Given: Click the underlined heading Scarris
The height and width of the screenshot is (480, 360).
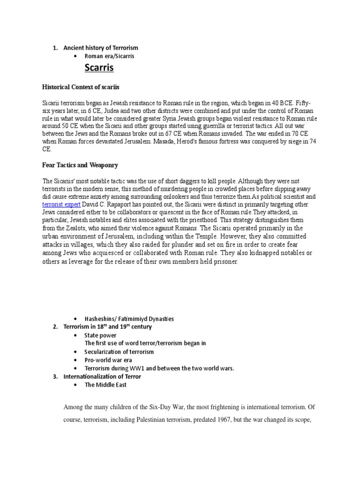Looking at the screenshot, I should click(100, 68).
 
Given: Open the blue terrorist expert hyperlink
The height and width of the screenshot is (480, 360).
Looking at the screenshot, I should click(61, 205).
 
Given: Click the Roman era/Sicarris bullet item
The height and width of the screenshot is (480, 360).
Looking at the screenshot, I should click(107, 56).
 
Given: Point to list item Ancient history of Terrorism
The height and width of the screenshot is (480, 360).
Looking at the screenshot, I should click(101, 48).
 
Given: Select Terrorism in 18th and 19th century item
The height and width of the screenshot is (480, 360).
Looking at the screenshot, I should click(107, 327).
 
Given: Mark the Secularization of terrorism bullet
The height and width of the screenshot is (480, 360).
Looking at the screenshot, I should click(119, 352).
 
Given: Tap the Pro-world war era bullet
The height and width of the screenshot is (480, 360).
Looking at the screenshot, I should click(107, 360).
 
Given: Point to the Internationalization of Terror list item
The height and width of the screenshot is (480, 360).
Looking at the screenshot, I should click(102, 376).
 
